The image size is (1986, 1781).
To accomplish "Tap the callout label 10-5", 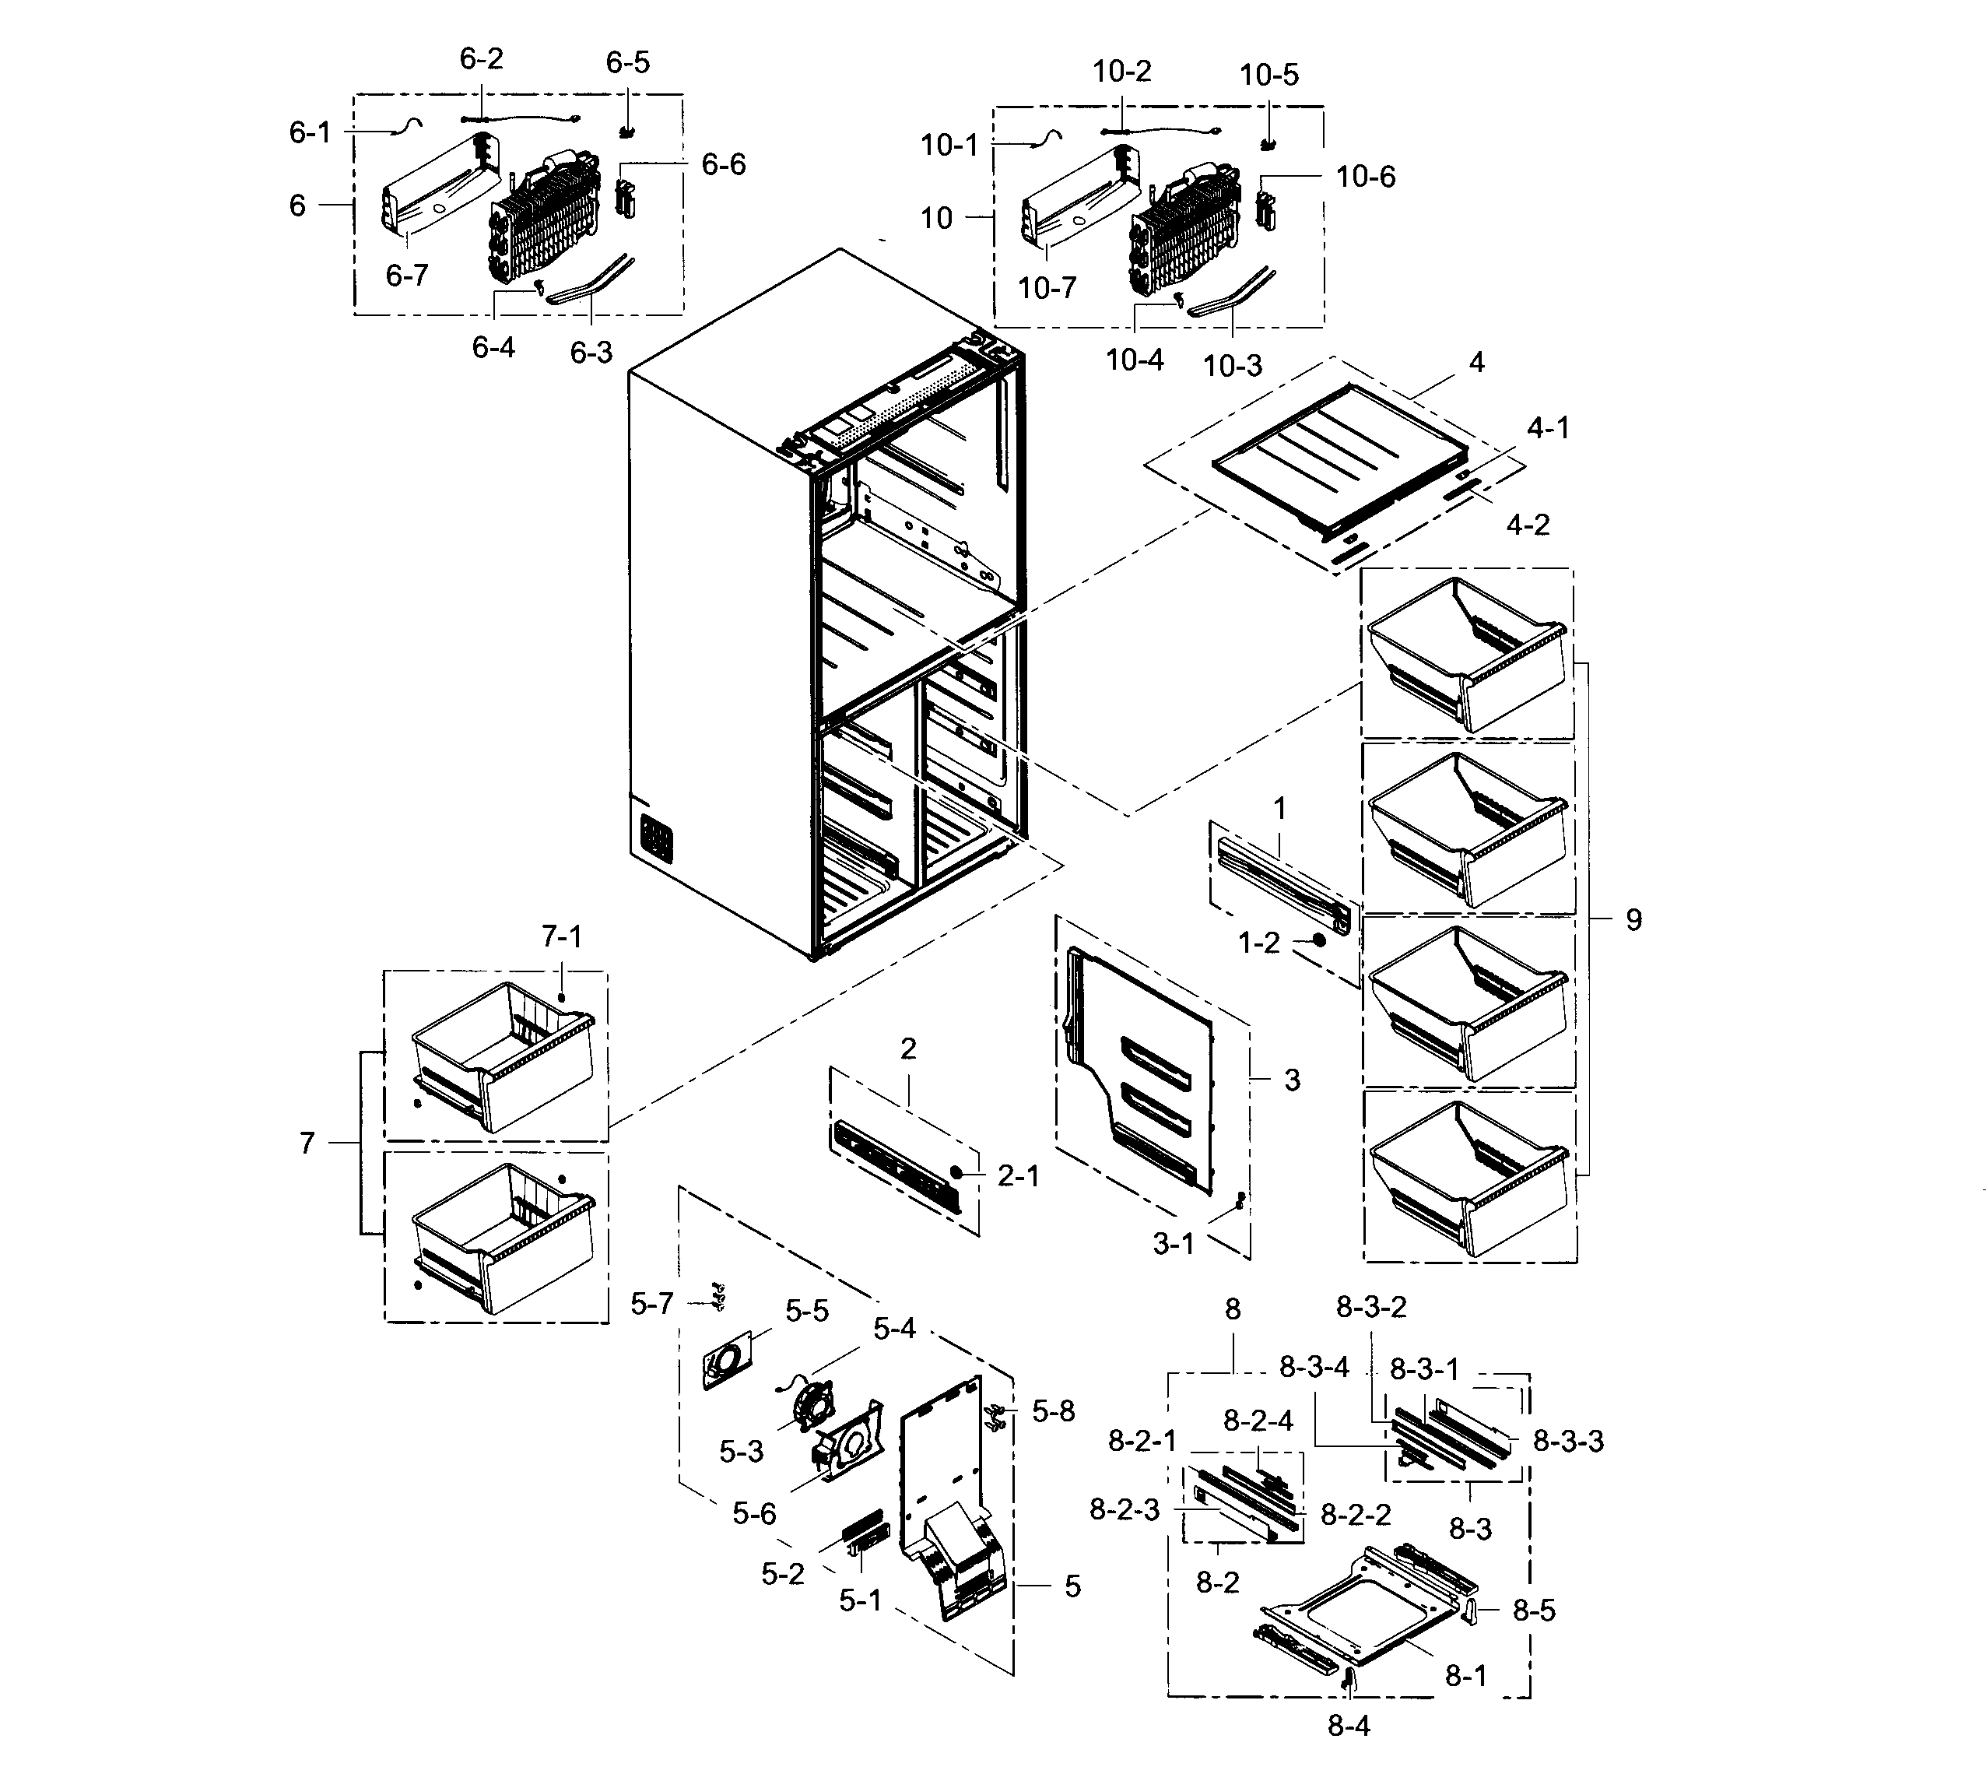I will pos(1269,76).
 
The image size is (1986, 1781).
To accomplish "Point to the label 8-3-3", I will pos(1567,1441).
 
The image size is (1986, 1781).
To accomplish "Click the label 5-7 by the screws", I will pos(651,1304).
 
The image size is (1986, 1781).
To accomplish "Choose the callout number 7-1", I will pos(562,936).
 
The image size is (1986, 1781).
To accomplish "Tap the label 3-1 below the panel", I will pos(1173,1244).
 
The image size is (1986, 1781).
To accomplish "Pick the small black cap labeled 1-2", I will pos(1319,940).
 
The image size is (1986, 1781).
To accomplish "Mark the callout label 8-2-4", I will pos(1258,1421).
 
